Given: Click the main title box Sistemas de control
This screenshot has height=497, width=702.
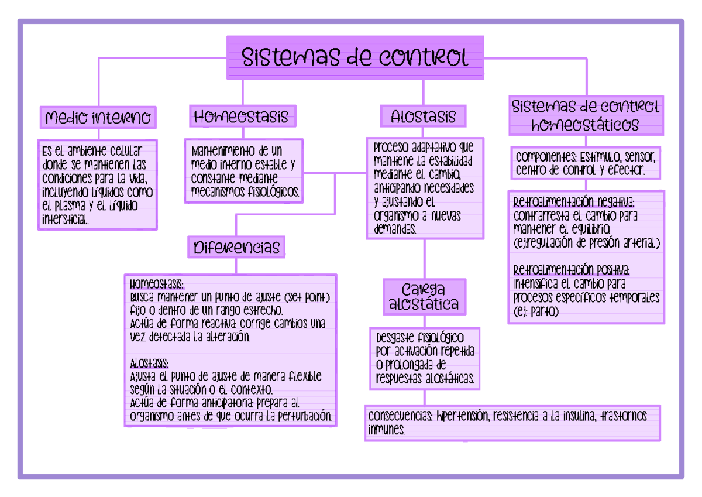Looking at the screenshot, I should pyautogui.click(x=355, y=58).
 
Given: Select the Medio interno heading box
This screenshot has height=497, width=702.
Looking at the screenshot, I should pyautogui.click(x=98, y=118).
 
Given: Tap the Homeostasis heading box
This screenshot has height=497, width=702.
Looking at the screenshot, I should pyautogui.click(x=242, y=116).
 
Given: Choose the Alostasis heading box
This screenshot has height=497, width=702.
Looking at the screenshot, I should pyautogui.click(x=423, y=116).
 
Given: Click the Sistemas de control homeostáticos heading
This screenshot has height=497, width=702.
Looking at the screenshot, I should pyautogui.click(x=586, y=115).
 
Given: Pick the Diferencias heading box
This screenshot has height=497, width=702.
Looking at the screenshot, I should pyautogui.click(x=236, y=247).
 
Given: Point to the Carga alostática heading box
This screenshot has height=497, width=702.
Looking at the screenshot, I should pyautogui.click(x=424, y=297).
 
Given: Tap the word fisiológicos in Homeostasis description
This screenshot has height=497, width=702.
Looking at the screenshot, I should pyautogui.click(x=273, y=192).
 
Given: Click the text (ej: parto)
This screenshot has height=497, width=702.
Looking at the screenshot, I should pyautogui.click(x=536, y=313).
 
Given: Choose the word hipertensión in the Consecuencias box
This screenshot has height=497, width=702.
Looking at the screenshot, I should pyautogui.click(x=462, y=416).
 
